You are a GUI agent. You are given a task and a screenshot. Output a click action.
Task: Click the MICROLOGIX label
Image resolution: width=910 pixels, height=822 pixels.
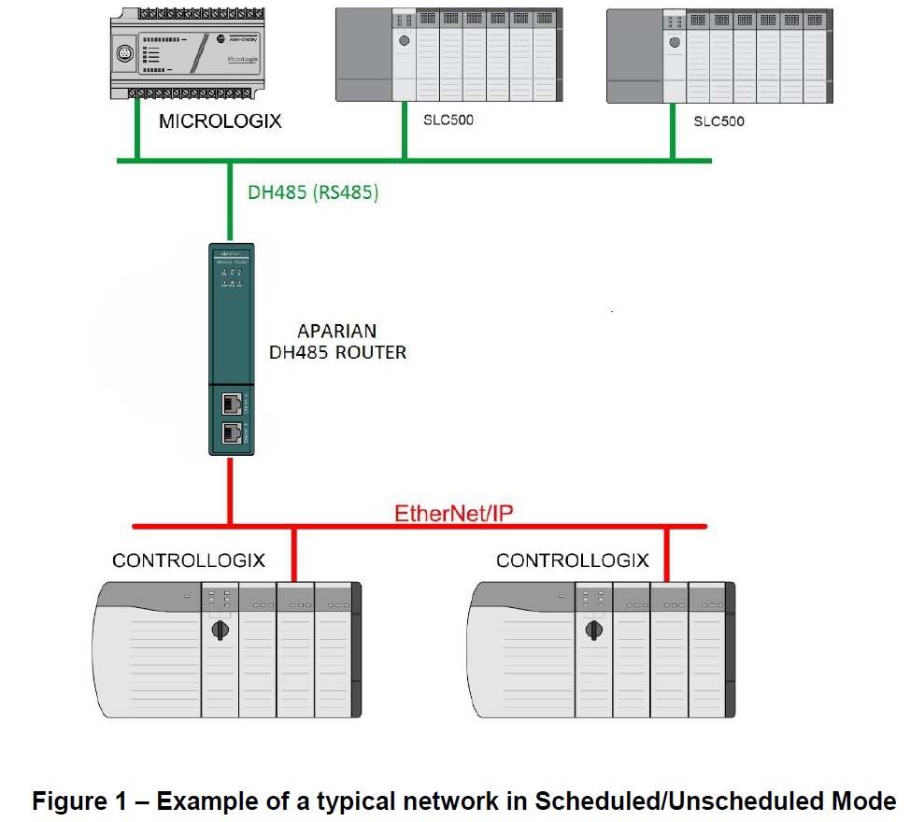(220, 122)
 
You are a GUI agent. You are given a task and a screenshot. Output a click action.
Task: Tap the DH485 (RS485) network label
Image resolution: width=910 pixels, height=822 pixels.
(313, 193)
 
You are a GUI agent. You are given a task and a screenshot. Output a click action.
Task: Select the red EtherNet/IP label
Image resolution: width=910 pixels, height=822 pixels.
(454, 512)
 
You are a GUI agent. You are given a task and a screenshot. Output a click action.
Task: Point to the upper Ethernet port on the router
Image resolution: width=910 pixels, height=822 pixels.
(230, 404)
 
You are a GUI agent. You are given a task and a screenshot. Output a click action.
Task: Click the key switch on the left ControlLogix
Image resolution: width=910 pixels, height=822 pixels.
(220, 629)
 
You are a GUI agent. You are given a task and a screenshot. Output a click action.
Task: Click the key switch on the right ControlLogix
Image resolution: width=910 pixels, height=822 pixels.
(593, 629)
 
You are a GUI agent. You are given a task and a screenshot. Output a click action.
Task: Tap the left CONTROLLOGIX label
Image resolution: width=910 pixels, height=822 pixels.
(189, 560)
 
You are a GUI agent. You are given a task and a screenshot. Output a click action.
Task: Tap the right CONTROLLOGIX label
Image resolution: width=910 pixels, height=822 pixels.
(572, 560)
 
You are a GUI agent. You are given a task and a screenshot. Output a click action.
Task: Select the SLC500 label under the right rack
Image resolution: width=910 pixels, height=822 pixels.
(719, 121)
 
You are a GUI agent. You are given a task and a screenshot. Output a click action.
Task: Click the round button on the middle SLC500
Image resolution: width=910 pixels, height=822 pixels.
(404, 40)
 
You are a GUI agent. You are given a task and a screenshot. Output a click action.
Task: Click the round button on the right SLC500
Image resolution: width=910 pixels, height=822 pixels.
(675, 40)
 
